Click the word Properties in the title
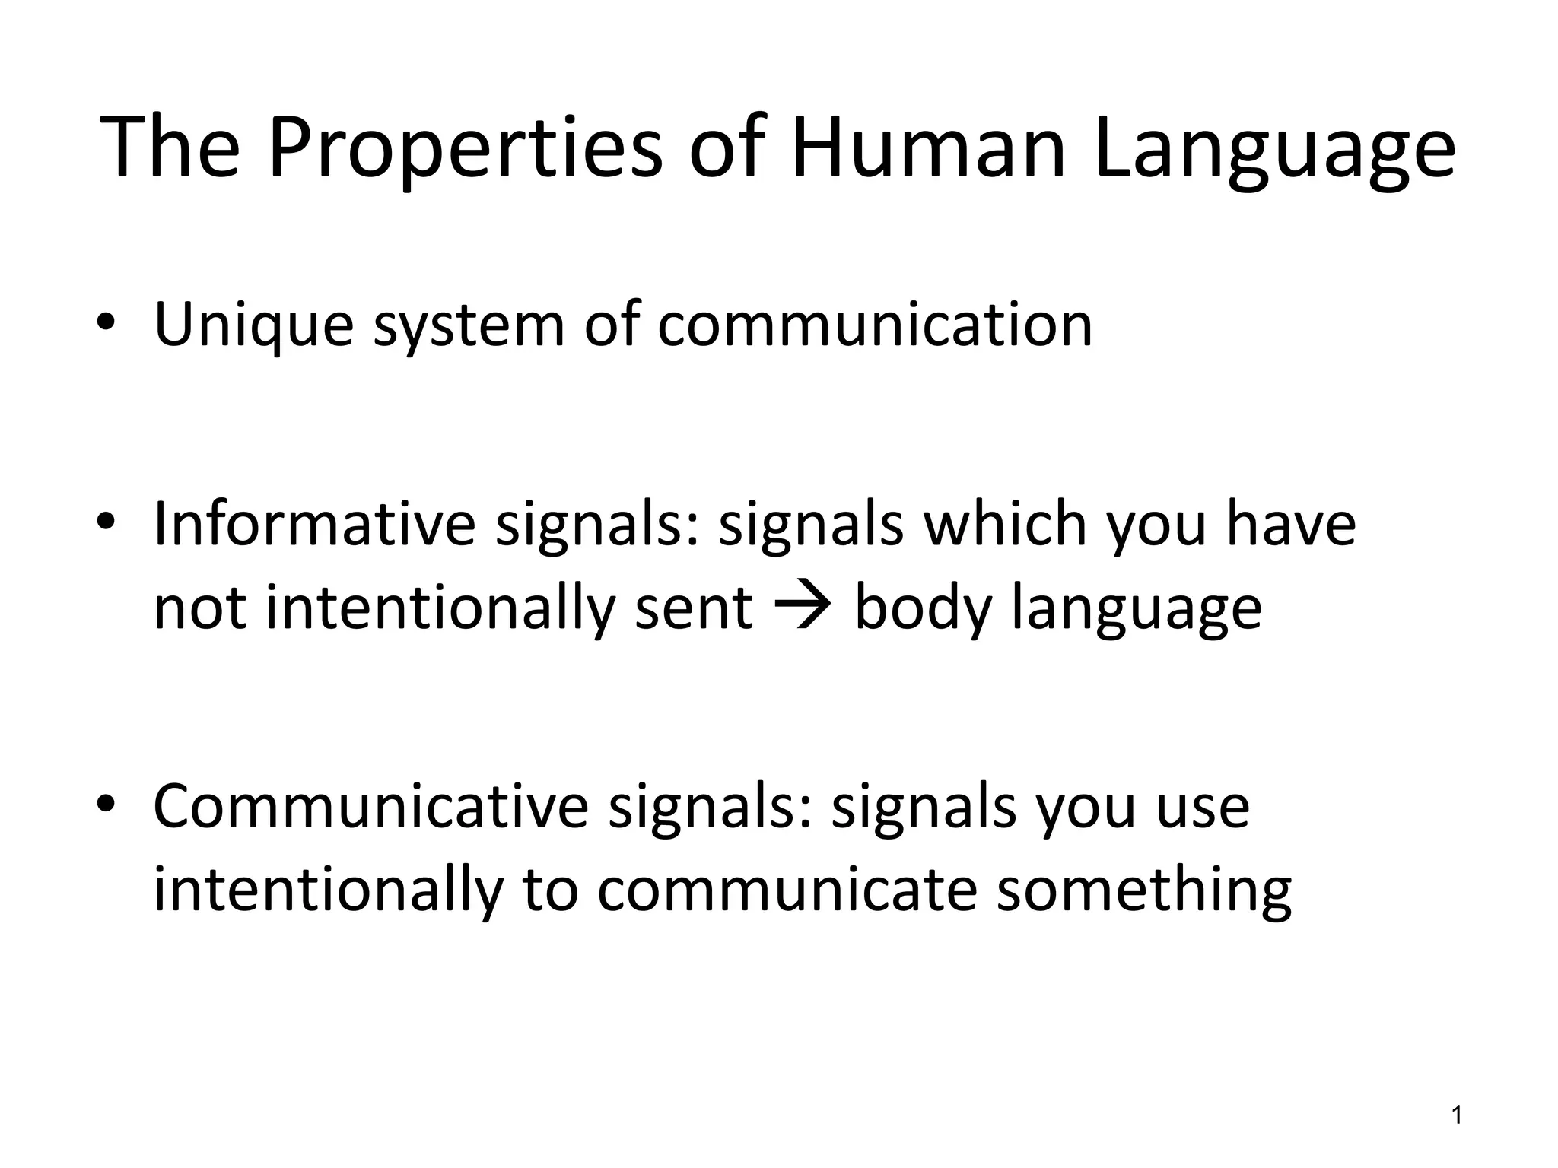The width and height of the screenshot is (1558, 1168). (465, 148)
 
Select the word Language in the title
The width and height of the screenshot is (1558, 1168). (1275, 148)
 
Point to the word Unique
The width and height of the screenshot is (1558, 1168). (254, 325)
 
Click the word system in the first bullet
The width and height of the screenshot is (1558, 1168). (469, 325)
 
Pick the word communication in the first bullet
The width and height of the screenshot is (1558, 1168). (875, 325)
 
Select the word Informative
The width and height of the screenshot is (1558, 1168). (314, 525)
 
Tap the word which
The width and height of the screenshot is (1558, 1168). (1004, 525)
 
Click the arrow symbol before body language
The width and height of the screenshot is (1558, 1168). (803, 608)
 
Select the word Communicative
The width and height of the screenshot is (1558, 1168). (370, 807)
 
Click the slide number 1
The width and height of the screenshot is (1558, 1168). (1457, 1116)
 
